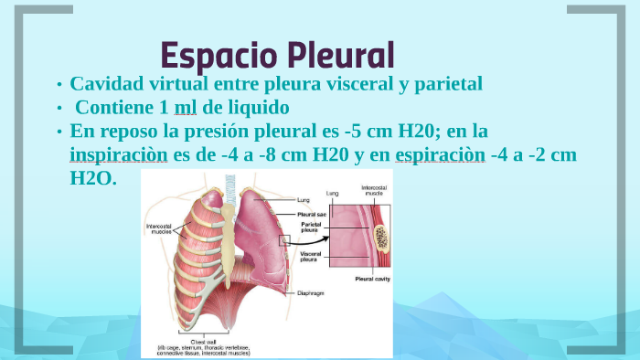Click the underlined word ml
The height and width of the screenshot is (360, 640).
(186, 107)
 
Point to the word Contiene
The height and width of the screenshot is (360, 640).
(114, 107)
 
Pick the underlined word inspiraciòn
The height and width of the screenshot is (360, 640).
(118, 154)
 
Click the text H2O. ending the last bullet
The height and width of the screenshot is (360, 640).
(93, 178)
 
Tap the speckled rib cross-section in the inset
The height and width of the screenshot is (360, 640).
(380, 239)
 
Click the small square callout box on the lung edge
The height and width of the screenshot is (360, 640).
(284, 240)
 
